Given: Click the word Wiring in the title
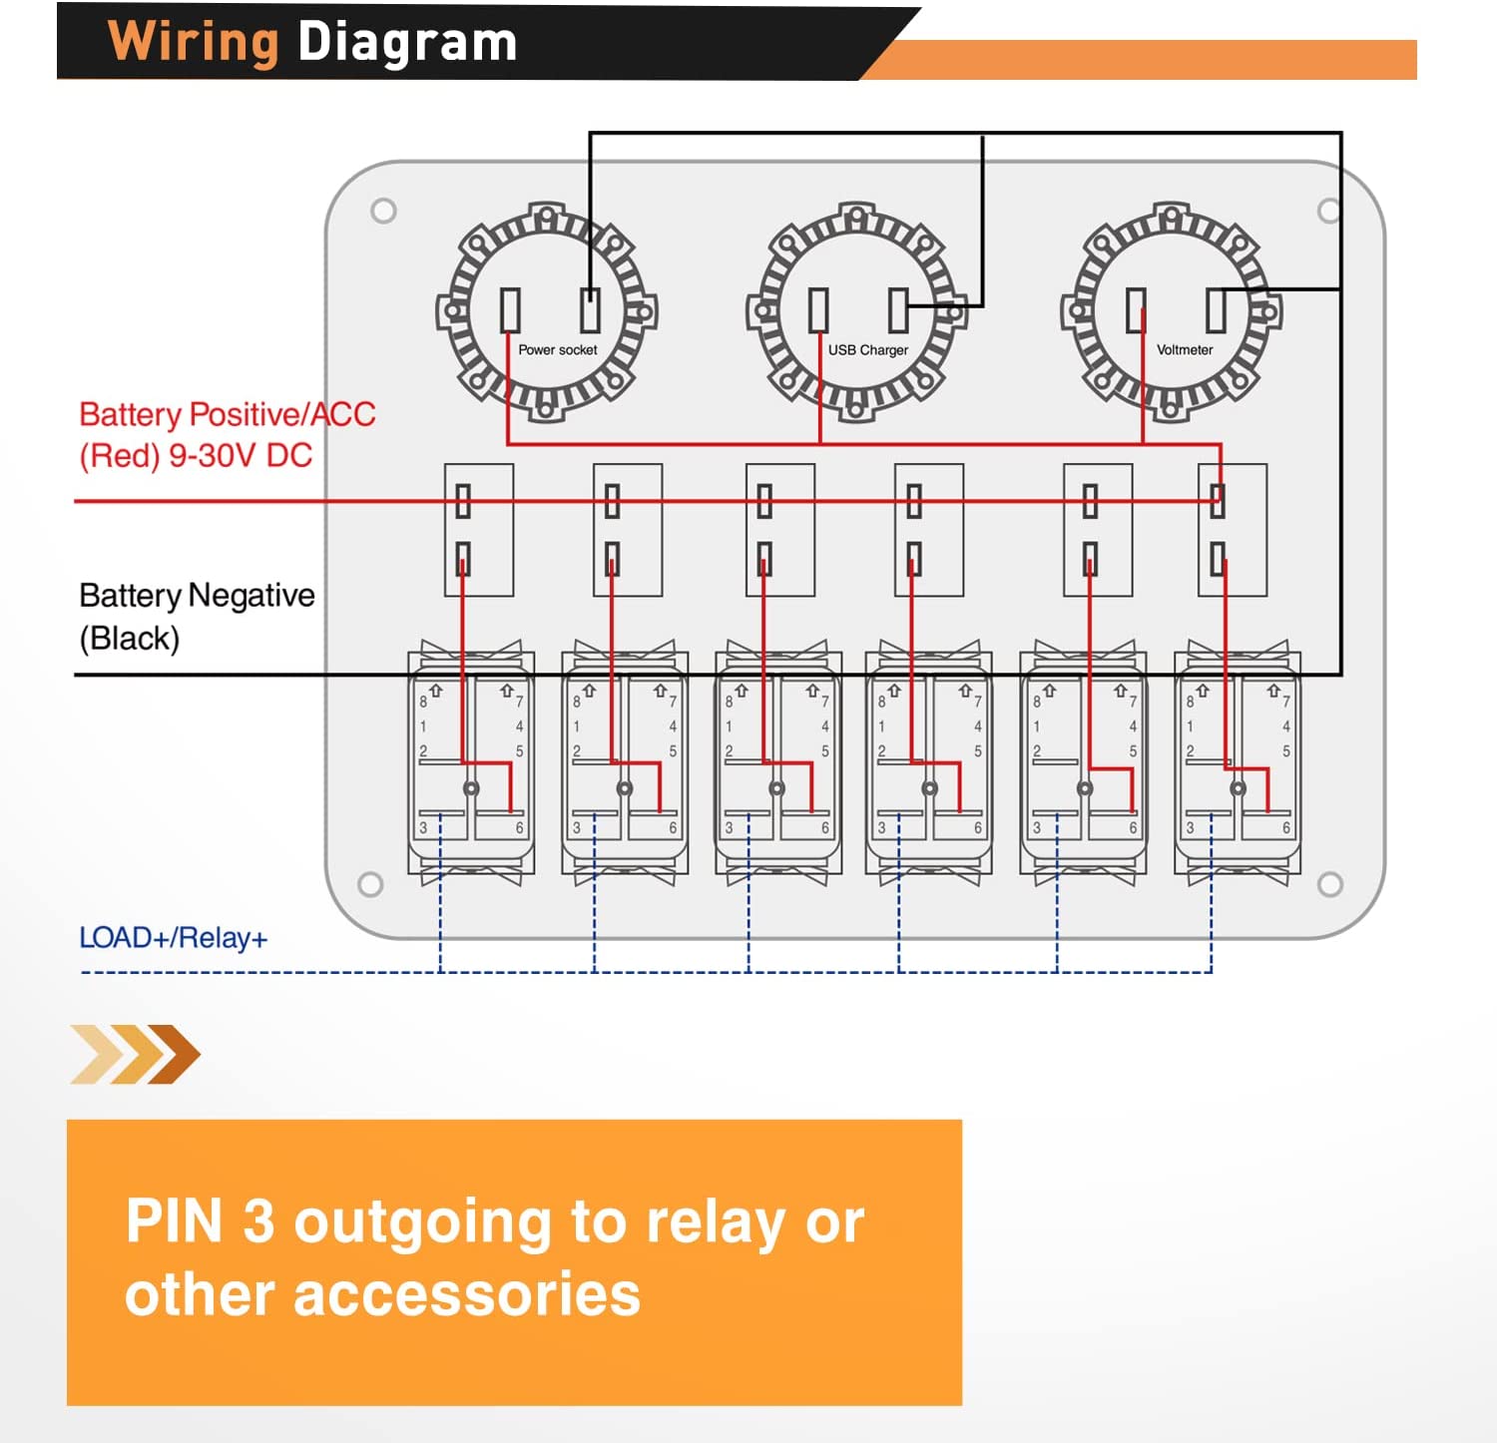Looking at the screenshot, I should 193,42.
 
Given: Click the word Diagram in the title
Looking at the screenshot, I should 407,42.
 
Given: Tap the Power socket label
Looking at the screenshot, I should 557,350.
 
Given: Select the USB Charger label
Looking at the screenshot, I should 867,350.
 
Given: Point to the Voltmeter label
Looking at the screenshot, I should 1185,350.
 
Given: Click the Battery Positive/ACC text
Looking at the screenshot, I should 227,414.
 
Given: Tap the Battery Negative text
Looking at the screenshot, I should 197,596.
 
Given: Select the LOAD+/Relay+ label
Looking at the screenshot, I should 173,938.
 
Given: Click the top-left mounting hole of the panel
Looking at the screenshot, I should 383,211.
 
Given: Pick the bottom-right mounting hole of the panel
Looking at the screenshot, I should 1329,884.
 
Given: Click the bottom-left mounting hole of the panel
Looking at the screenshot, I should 370,884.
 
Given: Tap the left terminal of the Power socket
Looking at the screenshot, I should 510,310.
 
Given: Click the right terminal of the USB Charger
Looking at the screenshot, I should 898,310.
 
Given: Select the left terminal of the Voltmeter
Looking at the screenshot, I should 1136,310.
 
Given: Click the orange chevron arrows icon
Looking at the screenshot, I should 136,1054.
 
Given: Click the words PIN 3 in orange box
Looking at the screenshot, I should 200,1220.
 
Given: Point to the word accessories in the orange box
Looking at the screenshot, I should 466,1294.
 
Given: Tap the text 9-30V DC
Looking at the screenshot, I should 241,456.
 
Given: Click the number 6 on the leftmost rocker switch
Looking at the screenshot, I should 519,828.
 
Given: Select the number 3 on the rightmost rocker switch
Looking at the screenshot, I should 1190,828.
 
